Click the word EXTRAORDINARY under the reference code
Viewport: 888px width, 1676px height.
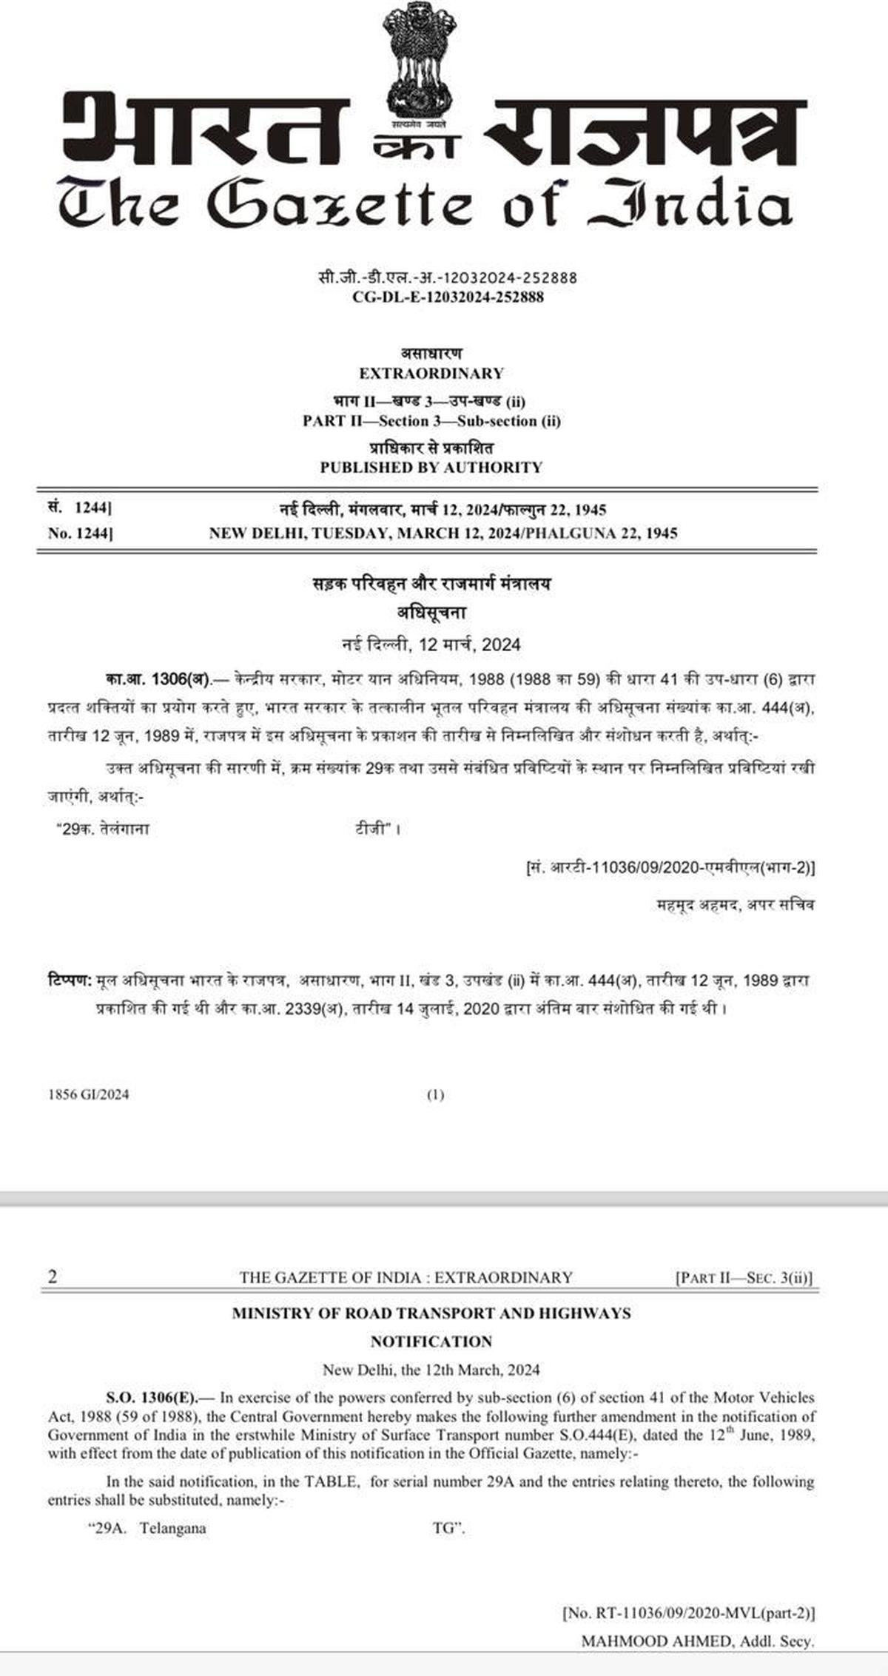pyautogui.click(x=431, y=373)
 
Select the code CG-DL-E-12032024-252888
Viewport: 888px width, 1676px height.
pyautogui.click(x=448, y=297)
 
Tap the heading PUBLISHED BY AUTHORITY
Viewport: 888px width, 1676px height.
pyautogui.click(x=431, y=468)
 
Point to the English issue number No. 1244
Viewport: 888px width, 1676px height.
pyautogui.click(x=80, y=533)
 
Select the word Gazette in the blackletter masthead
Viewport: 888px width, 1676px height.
pyautogui.click(x=338, y=204)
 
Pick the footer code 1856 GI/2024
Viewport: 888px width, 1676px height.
pyautogui.click(x=88, y=1094)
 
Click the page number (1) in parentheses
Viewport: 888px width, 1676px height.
pyautogui.click(x=436, y=1094)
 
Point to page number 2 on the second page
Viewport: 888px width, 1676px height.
pyautogui.click(x=52, y=1277)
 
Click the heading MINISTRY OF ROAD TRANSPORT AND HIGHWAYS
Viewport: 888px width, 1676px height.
pyautogui.click(x=431, y=1313)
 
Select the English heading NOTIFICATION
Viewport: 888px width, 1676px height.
pyautogui.click(x=431, y=1342)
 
